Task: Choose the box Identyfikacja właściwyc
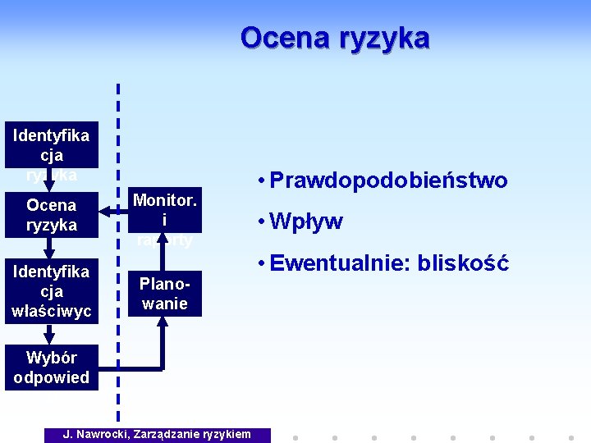[51, 291]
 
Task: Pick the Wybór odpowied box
[51, 368]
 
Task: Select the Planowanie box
[164, 294]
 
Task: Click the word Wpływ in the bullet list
[306, 221]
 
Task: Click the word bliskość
[464, 263]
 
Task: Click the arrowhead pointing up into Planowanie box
[163, 321]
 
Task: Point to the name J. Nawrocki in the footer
[95, 434]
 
